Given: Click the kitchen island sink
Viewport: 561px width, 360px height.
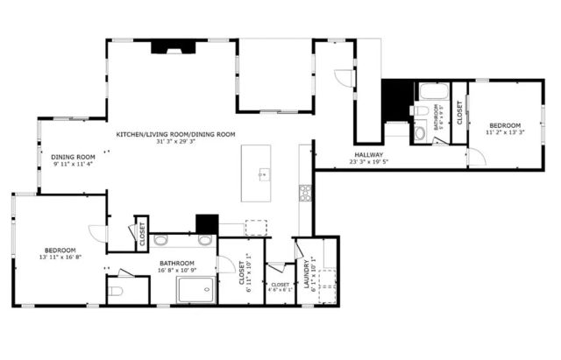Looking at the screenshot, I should [x=261, y=175].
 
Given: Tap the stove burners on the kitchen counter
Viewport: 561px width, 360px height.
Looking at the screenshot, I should [x=306, y=193].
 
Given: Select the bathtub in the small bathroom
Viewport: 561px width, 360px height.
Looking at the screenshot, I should [x=431, y=91].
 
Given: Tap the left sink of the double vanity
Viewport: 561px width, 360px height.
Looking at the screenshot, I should [x=161, y=239].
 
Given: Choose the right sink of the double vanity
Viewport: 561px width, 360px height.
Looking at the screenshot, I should [x=205, y=239].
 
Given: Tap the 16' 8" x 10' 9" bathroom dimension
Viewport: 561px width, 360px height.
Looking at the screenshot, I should [x=177, y=271].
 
